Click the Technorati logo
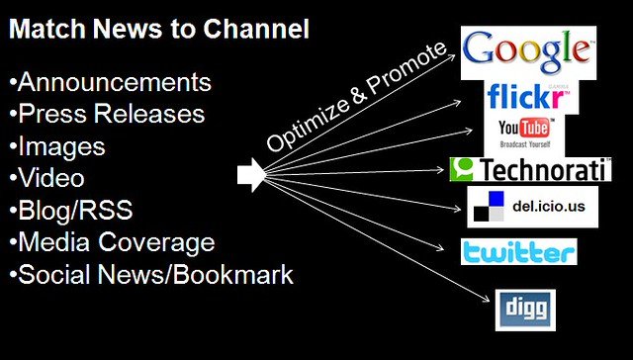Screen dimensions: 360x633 coord(530,170)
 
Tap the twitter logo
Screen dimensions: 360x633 coord(518,252)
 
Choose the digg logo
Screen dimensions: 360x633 coord(520,309)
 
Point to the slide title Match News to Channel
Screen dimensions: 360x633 coord(159,29)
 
